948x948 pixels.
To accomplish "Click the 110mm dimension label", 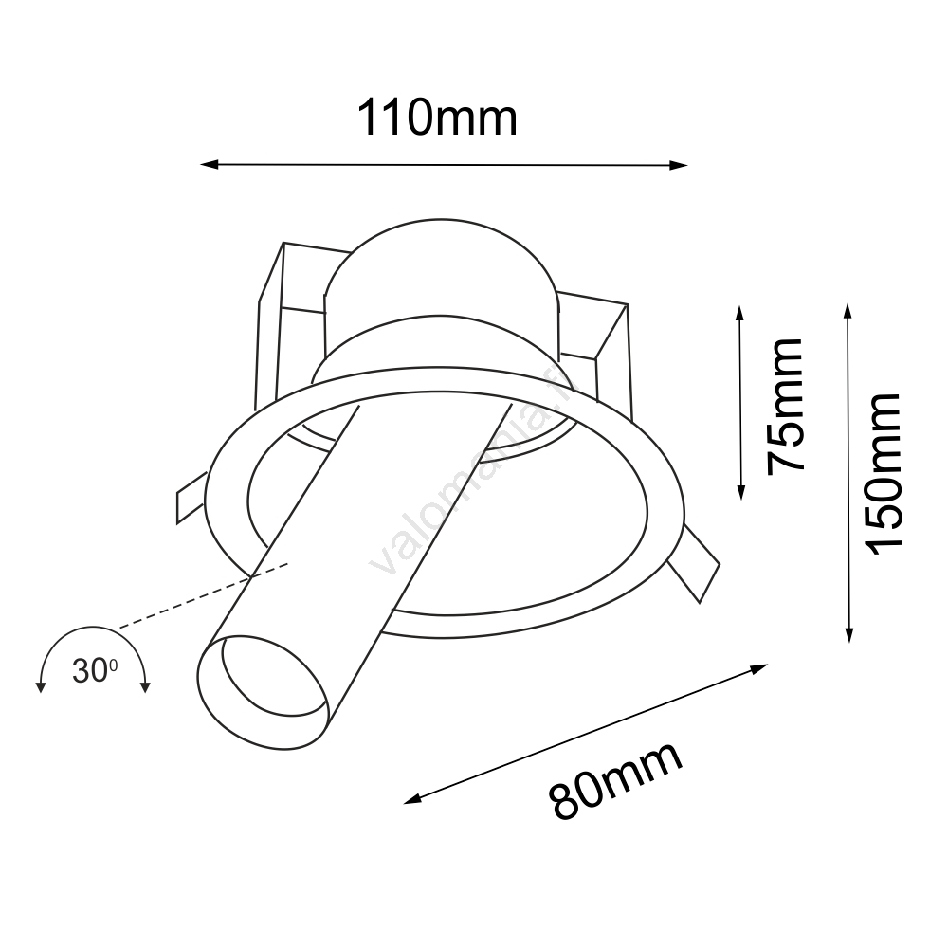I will click(437, 118).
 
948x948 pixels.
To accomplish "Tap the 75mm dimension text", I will click(786, 405).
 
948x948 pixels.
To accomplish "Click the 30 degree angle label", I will click(94, 671).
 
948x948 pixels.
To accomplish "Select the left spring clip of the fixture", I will click(190, 498).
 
